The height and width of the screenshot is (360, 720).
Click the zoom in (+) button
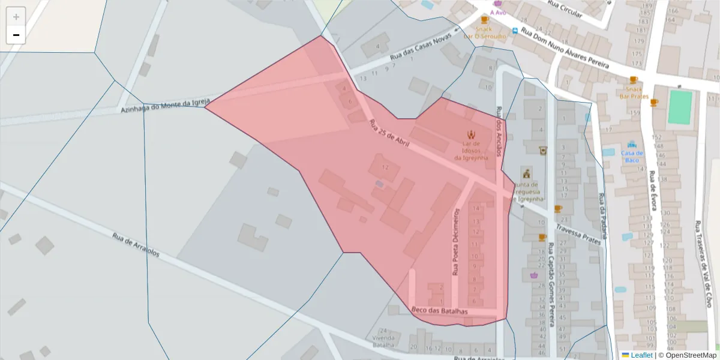(16, 17)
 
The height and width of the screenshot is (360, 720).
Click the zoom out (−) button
(16, 35)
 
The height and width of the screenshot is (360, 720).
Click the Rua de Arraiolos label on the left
(136, 245)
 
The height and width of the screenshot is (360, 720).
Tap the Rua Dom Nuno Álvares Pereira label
(565, 47)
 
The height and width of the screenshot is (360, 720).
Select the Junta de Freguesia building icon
(527, 173)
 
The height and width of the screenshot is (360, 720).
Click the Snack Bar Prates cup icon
(634, 80)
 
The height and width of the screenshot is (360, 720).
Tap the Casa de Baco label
(632, 157)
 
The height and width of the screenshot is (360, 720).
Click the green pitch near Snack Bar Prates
(680, 107)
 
